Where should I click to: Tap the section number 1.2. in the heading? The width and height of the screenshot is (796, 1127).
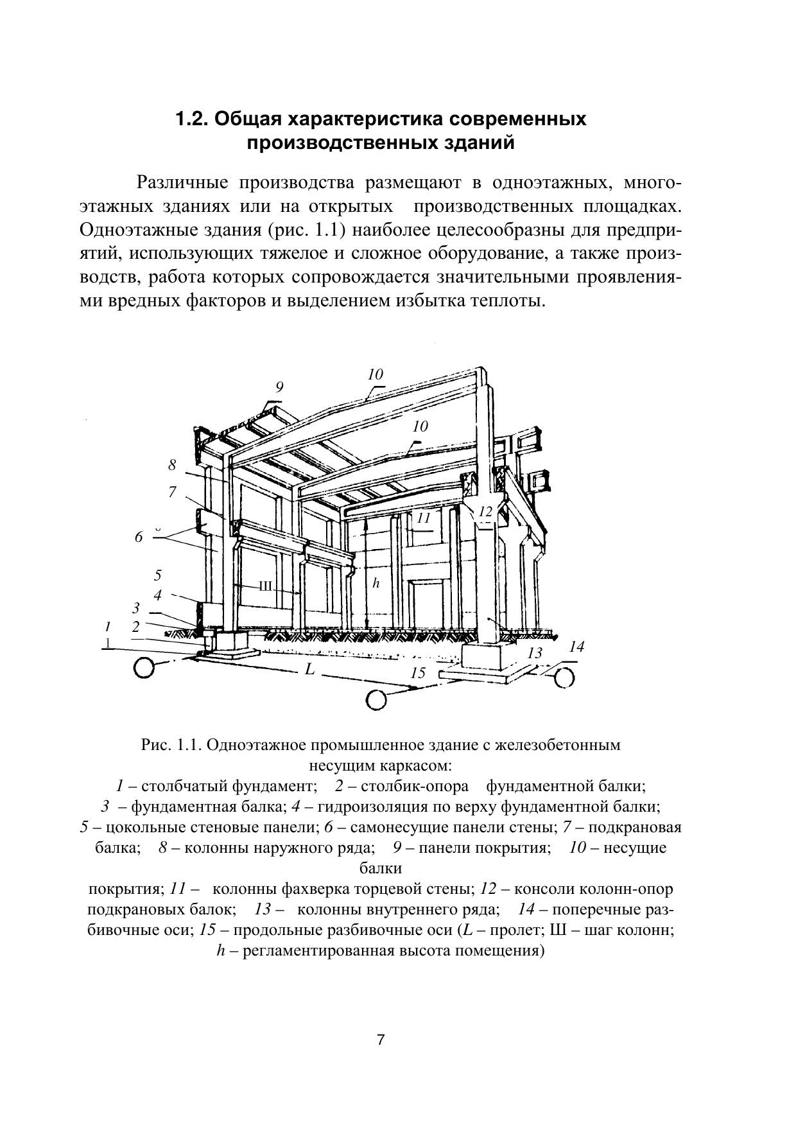coord(193,119)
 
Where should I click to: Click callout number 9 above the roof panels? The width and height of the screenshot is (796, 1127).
coord(279,387)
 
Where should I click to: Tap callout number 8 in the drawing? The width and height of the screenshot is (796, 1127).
coord(172,466)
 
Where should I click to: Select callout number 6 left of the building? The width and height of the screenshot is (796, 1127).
coord(139,537)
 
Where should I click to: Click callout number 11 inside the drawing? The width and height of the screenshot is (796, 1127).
coord(423,518)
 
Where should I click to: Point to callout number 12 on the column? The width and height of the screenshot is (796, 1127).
coord(485,512)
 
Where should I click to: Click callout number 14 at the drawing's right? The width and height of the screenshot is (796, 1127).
coord(576,647)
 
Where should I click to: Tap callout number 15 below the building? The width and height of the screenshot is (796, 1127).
coord(418,673)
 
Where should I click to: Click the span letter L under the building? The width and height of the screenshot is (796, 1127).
coord(310,669)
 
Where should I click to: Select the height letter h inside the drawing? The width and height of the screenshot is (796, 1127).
coord(376,584)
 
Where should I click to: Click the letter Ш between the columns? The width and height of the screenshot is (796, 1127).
coord(266,586)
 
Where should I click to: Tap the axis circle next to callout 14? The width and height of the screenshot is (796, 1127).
coord(564,677)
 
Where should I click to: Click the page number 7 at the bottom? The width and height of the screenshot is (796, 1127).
coord(381,1040)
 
